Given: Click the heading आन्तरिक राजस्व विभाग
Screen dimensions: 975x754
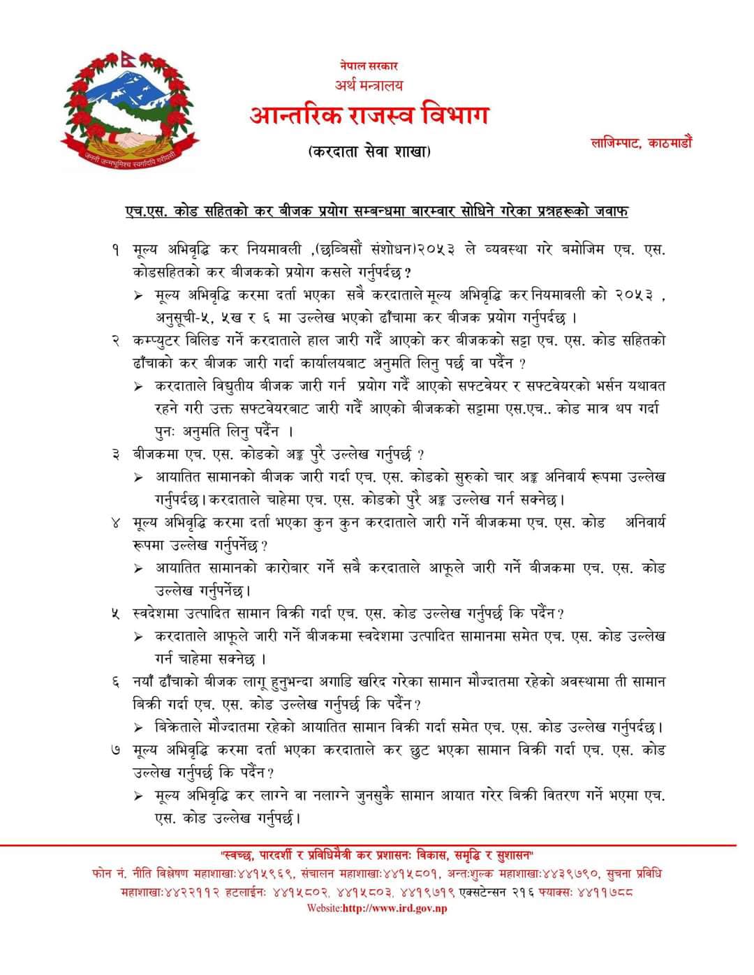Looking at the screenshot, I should tap(369, 116).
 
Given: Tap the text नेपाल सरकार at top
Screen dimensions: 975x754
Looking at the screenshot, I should tap(369, 66).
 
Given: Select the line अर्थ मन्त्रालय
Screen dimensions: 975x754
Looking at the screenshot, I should tap(369, 85).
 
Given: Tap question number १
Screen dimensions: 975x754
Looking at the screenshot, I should tap(117, 249).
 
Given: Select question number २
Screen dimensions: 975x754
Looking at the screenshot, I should tap(117, 341).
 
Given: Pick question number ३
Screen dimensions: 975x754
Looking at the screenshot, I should tap(117, 454).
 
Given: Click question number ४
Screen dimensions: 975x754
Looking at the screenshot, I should tap(117, 522).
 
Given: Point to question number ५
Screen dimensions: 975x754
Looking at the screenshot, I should tap(117, 613).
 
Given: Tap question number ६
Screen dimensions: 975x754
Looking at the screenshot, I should tap(117, 681).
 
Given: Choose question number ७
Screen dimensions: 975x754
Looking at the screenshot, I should tap(117, 750).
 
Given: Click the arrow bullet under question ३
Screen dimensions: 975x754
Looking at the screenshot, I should tap(140, 477).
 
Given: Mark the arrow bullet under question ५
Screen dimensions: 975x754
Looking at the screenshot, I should tap(140, 637).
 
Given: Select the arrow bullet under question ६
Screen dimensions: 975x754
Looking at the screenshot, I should tap(140, 727).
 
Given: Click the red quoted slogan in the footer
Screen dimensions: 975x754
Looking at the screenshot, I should tap(377, 854).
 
